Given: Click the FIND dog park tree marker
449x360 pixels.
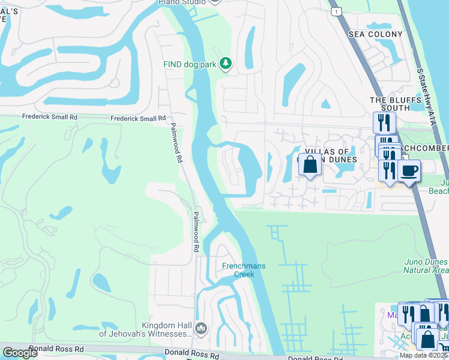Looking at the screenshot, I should coord(226,63).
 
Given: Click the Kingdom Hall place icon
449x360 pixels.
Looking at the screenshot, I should coord(201,328).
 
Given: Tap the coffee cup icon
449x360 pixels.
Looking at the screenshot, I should coord(409,171).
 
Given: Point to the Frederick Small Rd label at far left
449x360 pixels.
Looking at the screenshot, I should coord(50,117).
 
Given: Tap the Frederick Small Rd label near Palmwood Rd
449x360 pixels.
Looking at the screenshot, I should coord(138,119).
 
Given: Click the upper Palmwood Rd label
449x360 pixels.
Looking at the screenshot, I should coord(175,143).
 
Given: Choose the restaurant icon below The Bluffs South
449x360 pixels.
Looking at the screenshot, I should coord(383,123).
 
